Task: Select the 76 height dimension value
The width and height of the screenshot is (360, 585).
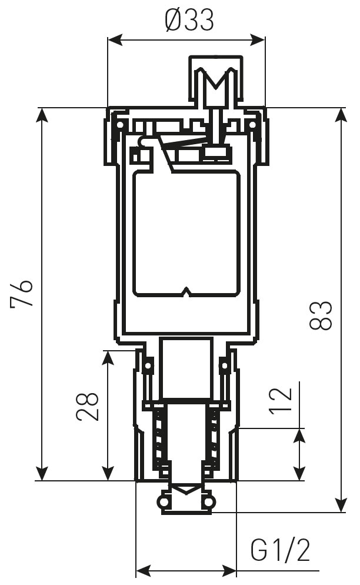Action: tap(22, 294)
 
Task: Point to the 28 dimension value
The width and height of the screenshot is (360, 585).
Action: tap(88, 405)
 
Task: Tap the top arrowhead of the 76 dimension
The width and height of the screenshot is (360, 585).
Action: tap(42, 115)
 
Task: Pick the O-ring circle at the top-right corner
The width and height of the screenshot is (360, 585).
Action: tap(252, 125)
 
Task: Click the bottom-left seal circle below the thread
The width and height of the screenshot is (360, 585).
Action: tap(163, 501)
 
